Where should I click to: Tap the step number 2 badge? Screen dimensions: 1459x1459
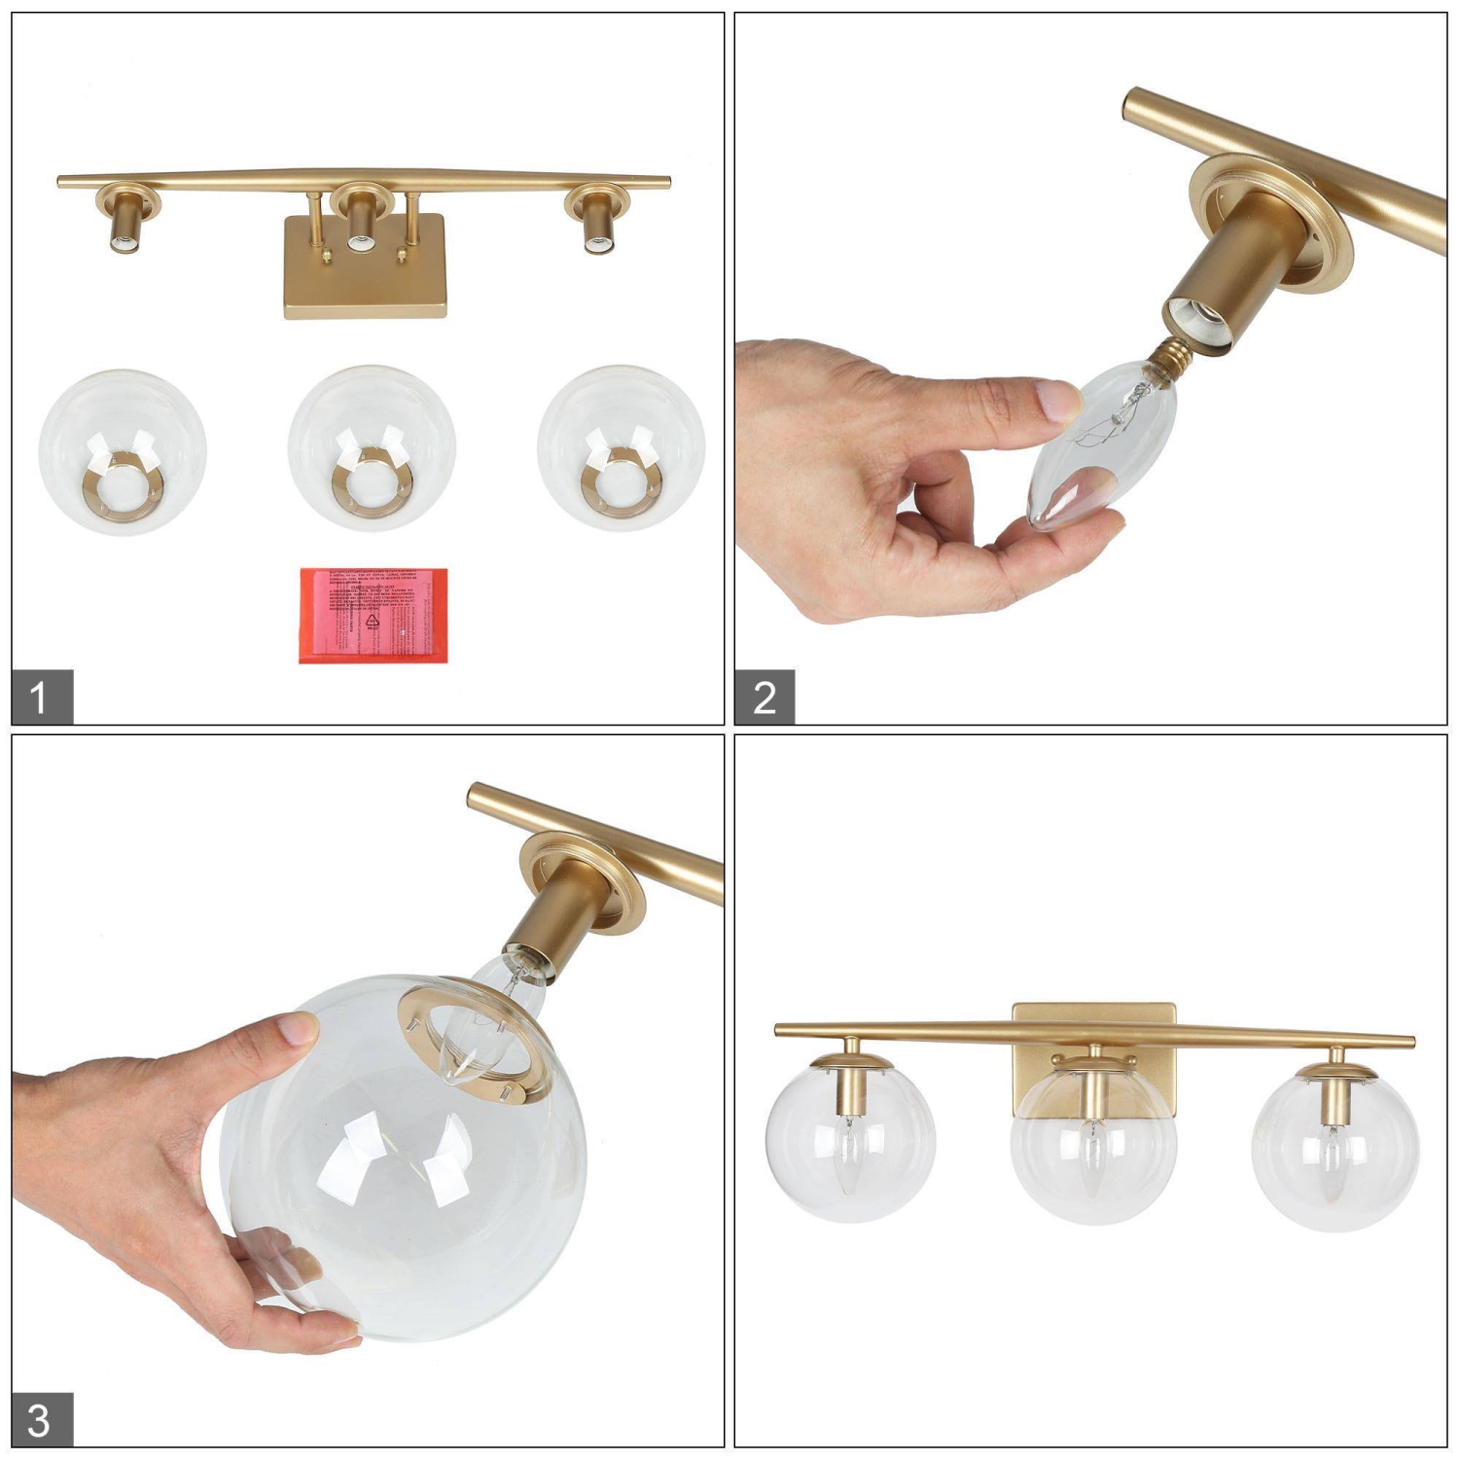[x=765, y=696]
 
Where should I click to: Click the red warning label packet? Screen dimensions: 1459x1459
[x=374, y=616]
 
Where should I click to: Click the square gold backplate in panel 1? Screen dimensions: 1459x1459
[x=365, y=282]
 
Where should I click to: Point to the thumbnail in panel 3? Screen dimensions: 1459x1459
[x=296, y=1030]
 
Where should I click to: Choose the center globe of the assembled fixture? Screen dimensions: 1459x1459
[x=1094, y=1153]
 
